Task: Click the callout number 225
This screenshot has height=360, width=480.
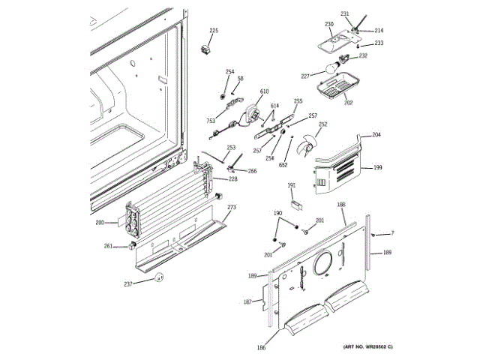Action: pyautogui.click(x=214, y=31)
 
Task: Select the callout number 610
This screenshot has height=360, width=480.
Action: pyautogui.click(x=265, y=91)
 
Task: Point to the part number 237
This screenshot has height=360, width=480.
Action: pyautogui.click(x=128, y=283)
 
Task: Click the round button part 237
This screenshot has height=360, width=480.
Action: pyautogui.click(x=158, y=278)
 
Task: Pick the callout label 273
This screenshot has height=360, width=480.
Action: pyautogui.click(x=232, y=207)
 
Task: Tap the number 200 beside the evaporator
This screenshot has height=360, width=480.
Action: pyautogui.click(x=100, y=223)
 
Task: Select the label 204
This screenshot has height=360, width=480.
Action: pyautogui.click(x=376, y=135)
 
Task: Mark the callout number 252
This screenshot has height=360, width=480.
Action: pyautogui.click(x=323, y=124)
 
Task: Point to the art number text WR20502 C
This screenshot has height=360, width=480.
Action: pyautogui.click(x=368, y=346)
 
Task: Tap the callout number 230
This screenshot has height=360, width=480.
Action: pyautogui.click(x=328, y=24)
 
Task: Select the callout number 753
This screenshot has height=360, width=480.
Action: pyautogui.click(x=211, y=120)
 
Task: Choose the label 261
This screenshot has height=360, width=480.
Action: pyautogui.click(x=108, y=246)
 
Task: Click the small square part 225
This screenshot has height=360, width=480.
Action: pyautogui.click(x=203, y=51)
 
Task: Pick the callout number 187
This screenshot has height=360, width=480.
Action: pyautogui.click(x=247, y=301)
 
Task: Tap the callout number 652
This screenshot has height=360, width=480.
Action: pyautogui.click(x=283, y=164)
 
